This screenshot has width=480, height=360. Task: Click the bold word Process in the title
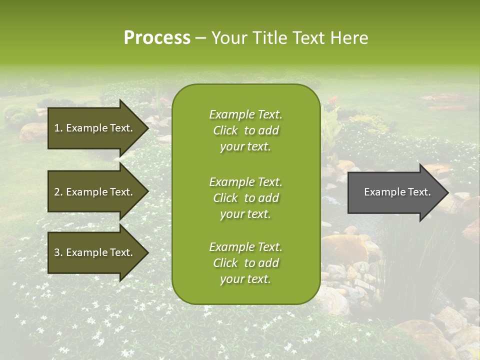pyautogui.click(x=157, y=38)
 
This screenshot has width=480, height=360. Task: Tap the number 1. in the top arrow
pyautogui.click(x=58, y=128)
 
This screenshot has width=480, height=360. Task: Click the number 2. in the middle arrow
pyautogui.click(x=58, y=192)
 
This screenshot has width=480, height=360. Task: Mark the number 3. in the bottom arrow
pyautogui.click(x=58, y=252)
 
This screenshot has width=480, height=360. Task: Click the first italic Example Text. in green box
pyautogui.click(x=245, y=114)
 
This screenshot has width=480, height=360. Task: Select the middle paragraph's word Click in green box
pyautogui.click(x=225, y=198)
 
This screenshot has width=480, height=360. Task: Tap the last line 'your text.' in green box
pyautogui.click(x=245, y=279)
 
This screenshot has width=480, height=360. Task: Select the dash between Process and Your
pyautogui.click(x=200, y=38)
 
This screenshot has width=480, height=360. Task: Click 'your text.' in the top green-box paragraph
pyautogui.click(x=245, y=147)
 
